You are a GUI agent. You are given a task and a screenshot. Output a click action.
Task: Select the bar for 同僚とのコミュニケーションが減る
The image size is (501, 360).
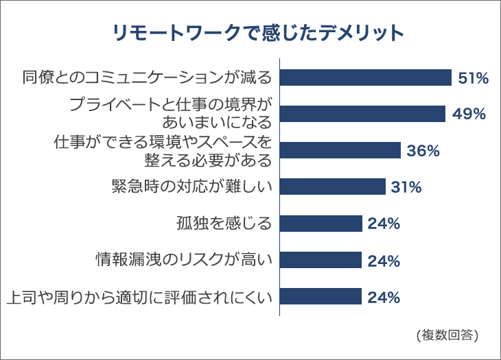[365, 77]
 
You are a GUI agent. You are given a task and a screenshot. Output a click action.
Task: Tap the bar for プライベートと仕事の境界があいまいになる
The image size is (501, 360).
[363, 114]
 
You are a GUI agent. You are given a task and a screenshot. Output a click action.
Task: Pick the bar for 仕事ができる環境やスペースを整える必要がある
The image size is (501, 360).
[340, 150]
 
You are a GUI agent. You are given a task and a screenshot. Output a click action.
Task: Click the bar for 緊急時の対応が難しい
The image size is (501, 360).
[333, 187]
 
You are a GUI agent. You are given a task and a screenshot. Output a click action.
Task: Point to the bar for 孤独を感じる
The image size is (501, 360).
[321, 224]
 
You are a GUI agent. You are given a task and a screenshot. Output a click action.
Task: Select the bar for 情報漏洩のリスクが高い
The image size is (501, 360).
[321, 260]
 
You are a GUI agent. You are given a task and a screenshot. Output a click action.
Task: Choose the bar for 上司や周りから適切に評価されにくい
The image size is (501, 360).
[321, 296]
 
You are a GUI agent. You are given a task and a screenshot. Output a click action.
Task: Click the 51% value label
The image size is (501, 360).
[473, 78]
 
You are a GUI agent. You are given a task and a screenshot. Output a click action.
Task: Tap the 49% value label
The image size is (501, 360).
[469, 115]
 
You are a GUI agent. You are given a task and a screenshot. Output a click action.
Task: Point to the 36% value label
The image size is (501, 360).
[423, 151]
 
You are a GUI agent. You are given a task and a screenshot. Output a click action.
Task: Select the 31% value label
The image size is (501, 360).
[406, 187]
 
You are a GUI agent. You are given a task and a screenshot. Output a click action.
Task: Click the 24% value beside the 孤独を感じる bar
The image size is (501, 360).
[384, 224]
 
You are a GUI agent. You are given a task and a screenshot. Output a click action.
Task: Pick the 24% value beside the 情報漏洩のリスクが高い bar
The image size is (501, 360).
[384, 261]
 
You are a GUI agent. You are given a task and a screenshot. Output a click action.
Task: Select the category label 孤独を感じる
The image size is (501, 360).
[224, 224]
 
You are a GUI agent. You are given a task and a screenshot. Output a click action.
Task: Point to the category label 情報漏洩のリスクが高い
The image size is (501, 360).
[184, 260]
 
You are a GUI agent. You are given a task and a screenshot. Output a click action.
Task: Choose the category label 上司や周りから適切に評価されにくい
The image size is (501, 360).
[139, 297]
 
